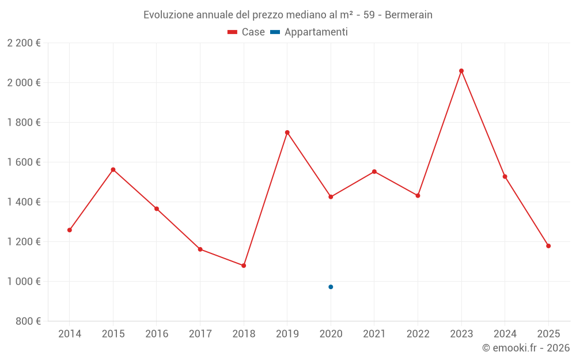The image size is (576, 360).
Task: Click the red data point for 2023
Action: coord(461,71)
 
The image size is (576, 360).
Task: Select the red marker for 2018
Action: coord(244,266)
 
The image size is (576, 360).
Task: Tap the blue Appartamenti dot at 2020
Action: coord(331,287)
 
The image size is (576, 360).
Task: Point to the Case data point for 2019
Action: coord(287,132)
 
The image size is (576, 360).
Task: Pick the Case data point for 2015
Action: coord(113,170)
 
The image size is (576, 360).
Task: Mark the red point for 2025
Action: coord(548,246)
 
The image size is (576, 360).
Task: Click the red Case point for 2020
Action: coord(331,197)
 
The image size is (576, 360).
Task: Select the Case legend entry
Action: coord(247,32)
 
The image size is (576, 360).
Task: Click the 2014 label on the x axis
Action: coord(70,334)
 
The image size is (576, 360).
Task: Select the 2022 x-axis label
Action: coord(418,334)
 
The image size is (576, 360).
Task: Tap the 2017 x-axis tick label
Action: coord(200,334)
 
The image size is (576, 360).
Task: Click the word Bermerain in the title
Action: coord(408,15)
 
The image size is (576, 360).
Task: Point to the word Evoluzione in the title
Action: coord(169,15)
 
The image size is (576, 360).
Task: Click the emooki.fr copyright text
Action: coord(526,348)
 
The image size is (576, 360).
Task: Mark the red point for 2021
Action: coord(374,172)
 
